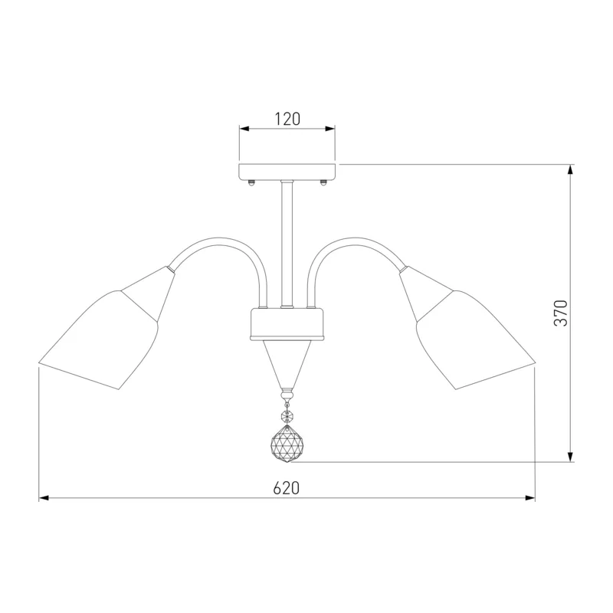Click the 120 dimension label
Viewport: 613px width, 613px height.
[287, 119]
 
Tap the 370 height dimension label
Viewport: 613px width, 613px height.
[561, 313]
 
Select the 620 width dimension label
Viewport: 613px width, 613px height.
[286, 488]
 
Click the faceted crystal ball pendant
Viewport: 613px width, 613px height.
[287, 444]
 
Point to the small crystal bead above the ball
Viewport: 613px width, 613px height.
[287, 415]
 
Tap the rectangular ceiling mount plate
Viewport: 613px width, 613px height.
[287, 172]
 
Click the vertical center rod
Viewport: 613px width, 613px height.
[287, 244]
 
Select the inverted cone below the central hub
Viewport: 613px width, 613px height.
[287, 363]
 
